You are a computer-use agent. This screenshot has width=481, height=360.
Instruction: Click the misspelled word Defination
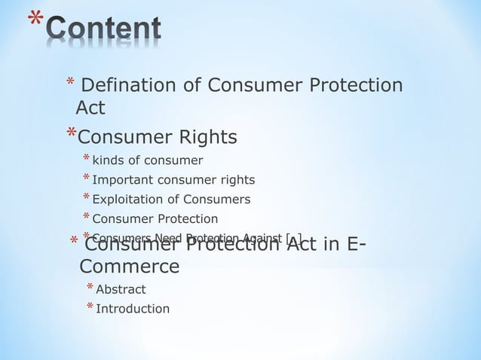(129, 86)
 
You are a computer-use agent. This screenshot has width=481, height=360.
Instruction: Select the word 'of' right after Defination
(191, 86)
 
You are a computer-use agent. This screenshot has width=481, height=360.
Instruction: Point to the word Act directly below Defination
(90, 109)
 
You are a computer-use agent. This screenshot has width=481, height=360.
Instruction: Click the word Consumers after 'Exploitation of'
(219, 200)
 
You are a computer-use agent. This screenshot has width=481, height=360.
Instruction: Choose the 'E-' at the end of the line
(352, 244)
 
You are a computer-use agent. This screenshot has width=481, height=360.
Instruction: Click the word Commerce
(130, 267)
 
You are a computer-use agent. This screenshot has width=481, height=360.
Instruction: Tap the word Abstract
(121, 289)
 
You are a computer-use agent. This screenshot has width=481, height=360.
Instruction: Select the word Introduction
(133, 309)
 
